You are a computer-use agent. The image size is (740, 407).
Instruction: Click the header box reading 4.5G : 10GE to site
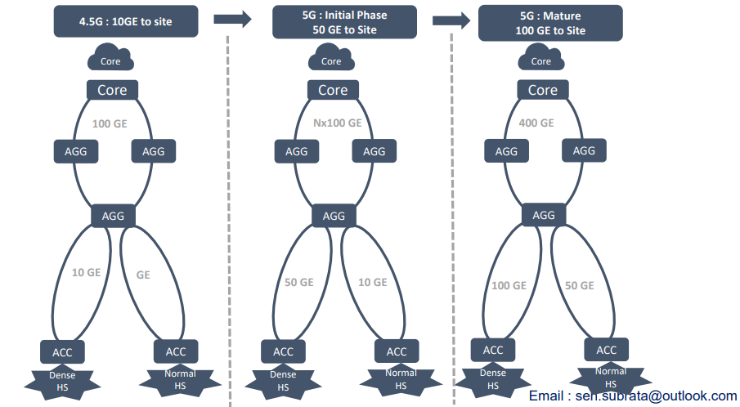[126, 20]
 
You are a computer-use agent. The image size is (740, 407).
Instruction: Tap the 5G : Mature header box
[550, 23]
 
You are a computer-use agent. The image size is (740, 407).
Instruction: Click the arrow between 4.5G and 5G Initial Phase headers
[232, 20]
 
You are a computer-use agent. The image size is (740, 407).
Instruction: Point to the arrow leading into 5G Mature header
[451, 20]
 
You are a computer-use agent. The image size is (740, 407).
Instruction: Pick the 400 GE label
[536, 123]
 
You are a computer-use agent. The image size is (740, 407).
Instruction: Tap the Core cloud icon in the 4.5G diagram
[110, 60]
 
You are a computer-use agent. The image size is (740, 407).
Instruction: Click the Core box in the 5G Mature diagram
[543, 90]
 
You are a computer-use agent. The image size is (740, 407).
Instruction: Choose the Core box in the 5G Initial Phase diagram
[333, 90]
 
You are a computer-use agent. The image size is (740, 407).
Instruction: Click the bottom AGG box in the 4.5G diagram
[113, 216]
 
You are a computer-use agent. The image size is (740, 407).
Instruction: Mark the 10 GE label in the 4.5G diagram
[86, 272]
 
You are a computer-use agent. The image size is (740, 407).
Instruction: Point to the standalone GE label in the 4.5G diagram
[143, 275]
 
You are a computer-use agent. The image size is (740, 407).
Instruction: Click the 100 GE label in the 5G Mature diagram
[508, 285]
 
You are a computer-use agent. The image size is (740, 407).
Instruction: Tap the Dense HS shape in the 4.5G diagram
[63, 380]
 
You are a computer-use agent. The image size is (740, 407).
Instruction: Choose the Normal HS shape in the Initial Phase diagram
[401, 379]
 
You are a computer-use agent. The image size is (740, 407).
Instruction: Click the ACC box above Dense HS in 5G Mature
[493, 350]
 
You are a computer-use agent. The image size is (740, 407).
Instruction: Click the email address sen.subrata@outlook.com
[633, 396]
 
